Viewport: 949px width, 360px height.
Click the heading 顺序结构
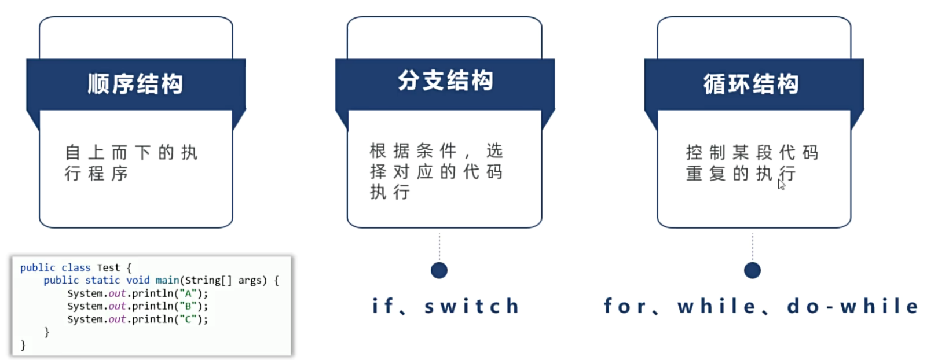pyautogui.click(x=135, y=85)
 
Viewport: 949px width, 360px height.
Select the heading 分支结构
pyautogui.click(x=445, y=81)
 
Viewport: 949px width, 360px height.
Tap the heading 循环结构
pyautogui.click(x=751, y=85)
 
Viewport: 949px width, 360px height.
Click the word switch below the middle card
pyautogui.click(x=471, y=306)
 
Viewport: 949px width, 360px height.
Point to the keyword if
pyautogui.click(x=382, y=306)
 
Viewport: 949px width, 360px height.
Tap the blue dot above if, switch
pyautogui.click(x=439, y=270)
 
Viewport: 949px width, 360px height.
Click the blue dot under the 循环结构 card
pyautogui.click(x=752, y=270)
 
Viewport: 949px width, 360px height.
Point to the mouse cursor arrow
pyautogui.click(x=781, y=184)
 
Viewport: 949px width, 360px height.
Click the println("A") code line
pyautogui.click(x=137, y=293)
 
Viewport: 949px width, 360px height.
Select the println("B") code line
pyautogui.click(x=137, y=306)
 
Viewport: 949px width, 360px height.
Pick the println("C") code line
pyautogui.click(x=137, y=319)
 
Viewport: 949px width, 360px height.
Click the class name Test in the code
pyautogui.click(x=108, y=267)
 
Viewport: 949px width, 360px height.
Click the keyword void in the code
pyautogui.click(x=138, y=280)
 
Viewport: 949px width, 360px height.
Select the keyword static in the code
pyautogui.click(x=102, y=280)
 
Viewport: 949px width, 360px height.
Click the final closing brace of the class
pyautogui.click(x=23, y=345)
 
